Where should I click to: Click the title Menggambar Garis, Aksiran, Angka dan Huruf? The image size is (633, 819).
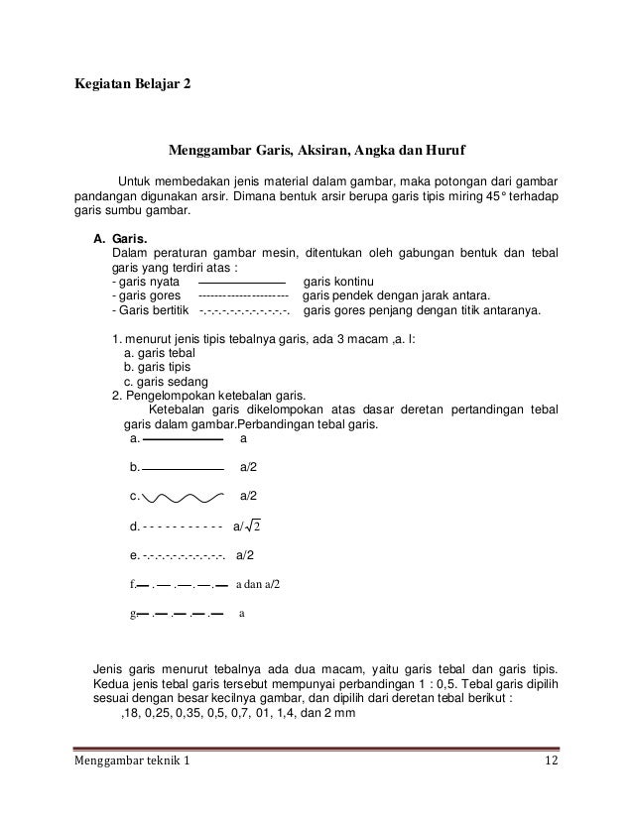[x=316, y=152]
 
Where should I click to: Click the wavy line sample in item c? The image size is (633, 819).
[x=182, y=498]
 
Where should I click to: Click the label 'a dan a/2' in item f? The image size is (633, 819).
[x=258, y=584]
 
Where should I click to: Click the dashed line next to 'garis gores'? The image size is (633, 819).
[x=244, y=296]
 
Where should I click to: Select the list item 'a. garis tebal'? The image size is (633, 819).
[x=159, y=353]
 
